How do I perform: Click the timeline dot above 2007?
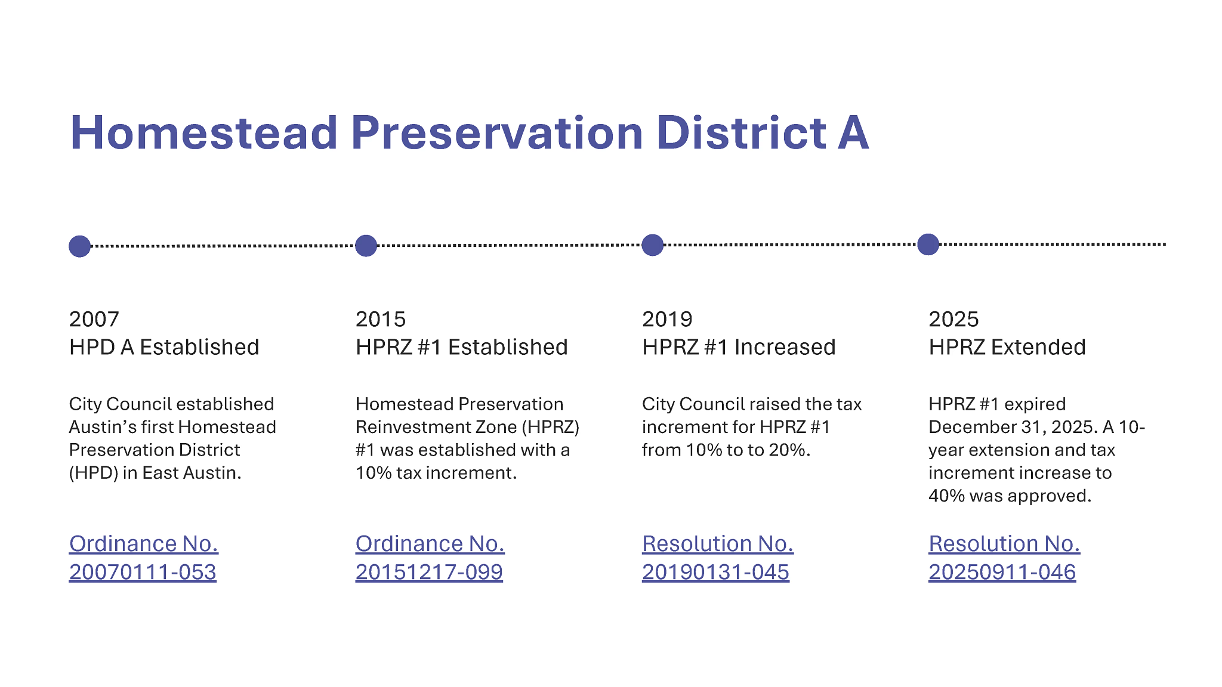coord(79,246)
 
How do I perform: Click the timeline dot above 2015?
coord(366,246)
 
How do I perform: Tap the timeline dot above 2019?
coord(653,245)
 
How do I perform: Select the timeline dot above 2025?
coord(928,245)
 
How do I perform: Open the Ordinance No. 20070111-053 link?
coord(143,558)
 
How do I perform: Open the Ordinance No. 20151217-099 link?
coord(430,558)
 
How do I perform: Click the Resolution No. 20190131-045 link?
coord(717,558)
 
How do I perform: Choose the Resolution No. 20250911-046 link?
coord(1004,558)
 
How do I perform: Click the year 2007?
coord(94,319)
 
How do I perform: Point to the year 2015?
coord(381,319)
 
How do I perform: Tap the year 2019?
coord(667,319)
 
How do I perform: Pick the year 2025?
coord(953,319)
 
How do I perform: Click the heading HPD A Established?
coord(164,347)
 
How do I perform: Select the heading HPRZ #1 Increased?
coord(739,347)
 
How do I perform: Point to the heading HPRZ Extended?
coord(1007,347)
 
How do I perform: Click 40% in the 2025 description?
coord(946,496)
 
